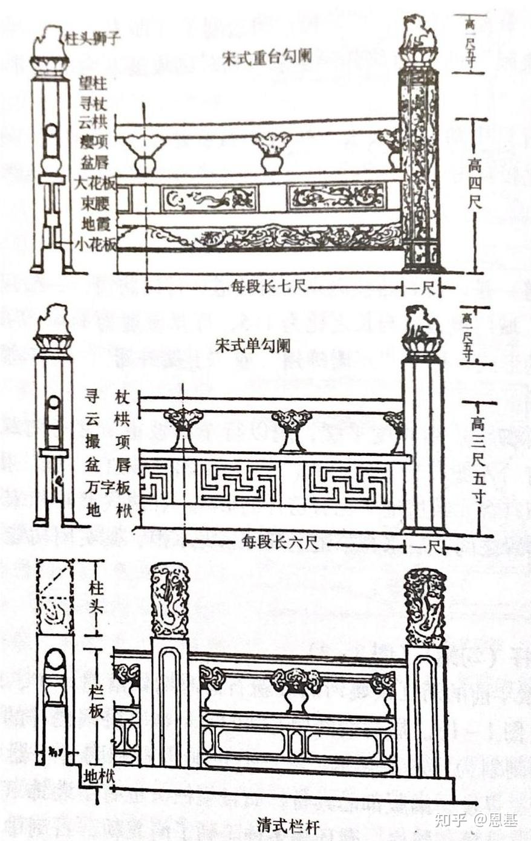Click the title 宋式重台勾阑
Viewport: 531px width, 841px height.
click(267, 56)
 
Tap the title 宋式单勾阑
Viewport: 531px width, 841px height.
click(252, 345)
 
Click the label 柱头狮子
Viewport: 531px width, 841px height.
click(96, 38)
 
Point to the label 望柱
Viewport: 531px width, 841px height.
click(93, 83)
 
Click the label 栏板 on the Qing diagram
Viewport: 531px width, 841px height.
click(96, 701)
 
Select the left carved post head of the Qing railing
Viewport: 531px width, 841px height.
click(169, 599)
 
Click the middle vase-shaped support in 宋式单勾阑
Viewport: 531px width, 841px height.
click(292, 430)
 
